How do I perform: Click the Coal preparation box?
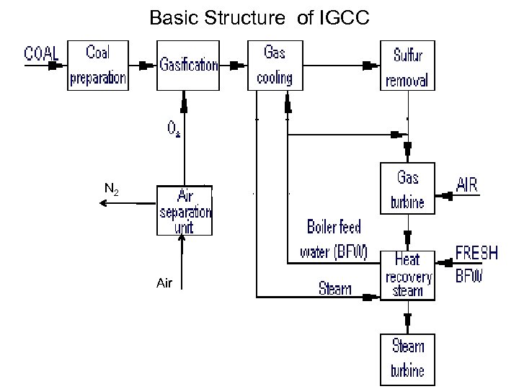tap(97, 66)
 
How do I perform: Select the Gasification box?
tap(187, 66)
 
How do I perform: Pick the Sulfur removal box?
tap(409, 66)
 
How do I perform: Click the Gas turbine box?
tap(407, 187)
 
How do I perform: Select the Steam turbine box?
tap(408, 358)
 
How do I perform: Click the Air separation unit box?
tap(185, 210)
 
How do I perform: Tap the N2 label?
tap(111, 190)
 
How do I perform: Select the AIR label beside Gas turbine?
tap(476, 184)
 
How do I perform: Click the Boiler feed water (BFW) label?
tap(333, 238)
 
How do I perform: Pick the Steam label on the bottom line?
tap(335, 290)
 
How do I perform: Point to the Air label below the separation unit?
tap(164, 284)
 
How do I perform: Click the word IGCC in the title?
tap(343, 17)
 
